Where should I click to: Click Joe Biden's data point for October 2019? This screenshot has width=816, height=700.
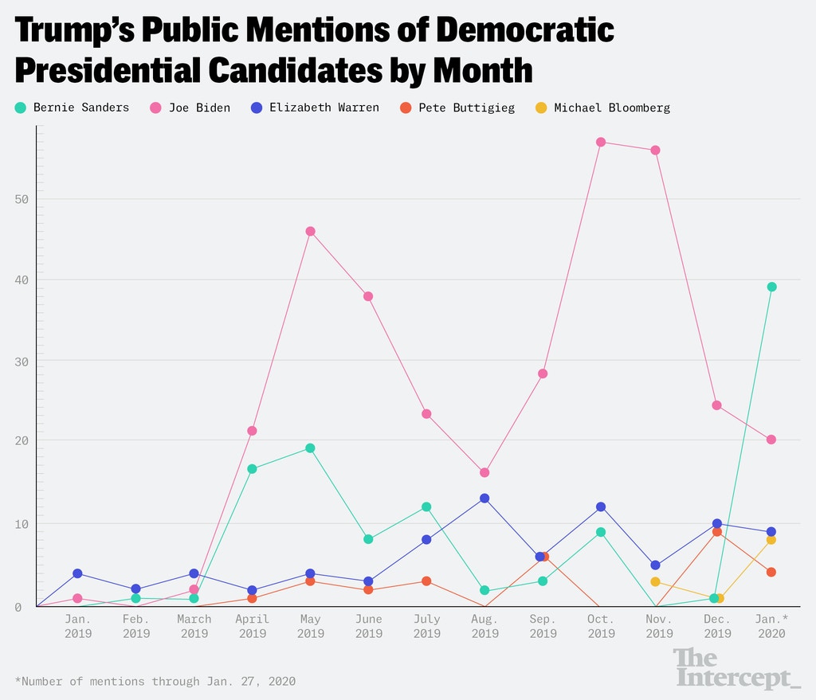(601, 143)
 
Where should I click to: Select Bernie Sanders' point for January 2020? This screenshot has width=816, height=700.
(771, 287)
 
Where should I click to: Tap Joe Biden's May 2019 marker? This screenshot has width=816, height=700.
(310, 232)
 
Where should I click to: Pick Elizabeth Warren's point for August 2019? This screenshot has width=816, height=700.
(484, 499)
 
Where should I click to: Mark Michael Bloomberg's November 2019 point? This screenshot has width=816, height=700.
(655, 582)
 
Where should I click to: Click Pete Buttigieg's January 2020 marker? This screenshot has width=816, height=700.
(771, 572)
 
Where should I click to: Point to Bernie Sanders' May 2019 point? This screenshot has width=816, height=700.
(310, 448)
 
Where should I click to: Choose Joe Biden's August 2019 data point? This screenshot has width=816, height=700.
(484, 473)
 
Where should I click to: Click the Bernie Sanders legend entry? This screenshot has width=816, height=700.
(72, 108)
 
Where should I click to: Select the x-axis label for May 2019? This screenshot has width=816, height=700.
(310, 626)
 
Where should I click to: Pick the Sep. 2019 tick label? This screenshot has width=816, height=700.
(543, 626)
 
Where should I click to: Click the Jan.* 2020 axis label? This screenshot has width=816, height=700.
(771, 626)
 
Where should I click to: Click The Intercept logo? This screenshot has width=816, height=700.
(736, 667)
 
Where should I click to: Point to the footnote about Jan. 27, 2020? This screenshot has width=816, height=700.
(155, 681)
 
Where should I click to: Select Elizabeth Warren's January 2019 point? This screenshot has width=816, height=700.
(77, 573)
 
